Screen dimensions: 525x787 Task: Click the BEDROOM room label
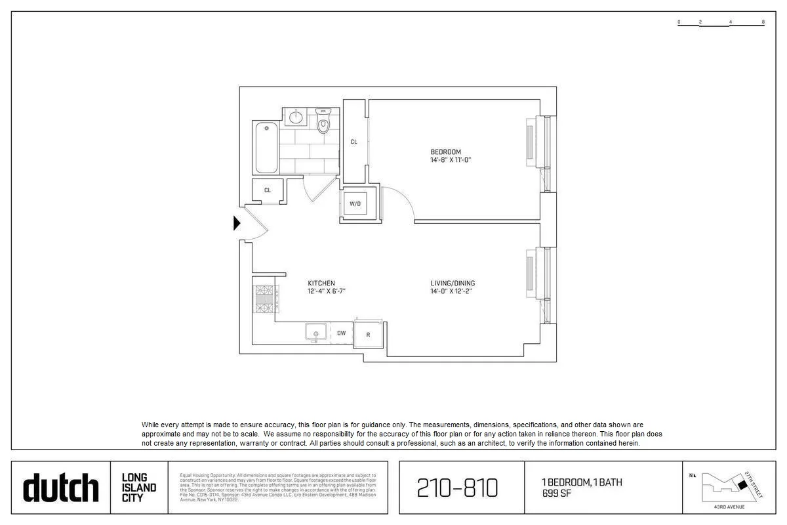[x=446, y=152]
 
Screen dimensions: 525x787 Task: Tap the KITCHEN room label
[x=321, y=283]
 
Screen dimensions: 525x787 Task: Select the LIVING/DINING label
[x=453, y=283]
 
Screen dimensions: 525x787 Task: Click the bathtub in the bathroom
[x=266, y=147]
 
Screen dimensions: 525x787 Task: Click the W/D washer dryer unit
[x=355, y=204]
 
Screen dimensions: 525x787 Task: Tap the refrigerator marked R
[x=369, y=334]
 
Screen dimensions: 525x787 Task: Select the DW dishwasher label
[x=341, y=333]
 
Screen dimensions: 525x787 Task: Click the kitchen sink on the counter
[x=315, y=333]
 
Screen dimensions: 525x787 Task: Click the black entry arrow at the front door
[x=237, y=223]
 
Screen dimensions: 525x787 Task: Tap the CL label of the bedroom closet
[x=353, y=142]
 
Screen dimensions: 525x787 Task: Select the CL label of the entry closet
[x=268, y=190]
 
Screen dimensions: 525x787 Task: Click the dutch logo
[x=61, y=488]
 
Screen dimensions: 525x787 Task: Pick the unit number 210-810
[x=458, y=488]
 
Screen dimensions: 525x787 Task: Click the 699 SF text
[x=555, y=493]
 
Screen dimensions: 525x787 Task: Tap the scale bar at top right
[x=721, y=23]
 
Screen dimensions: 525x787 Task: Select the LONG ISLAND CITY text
[x=139, y=488]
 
